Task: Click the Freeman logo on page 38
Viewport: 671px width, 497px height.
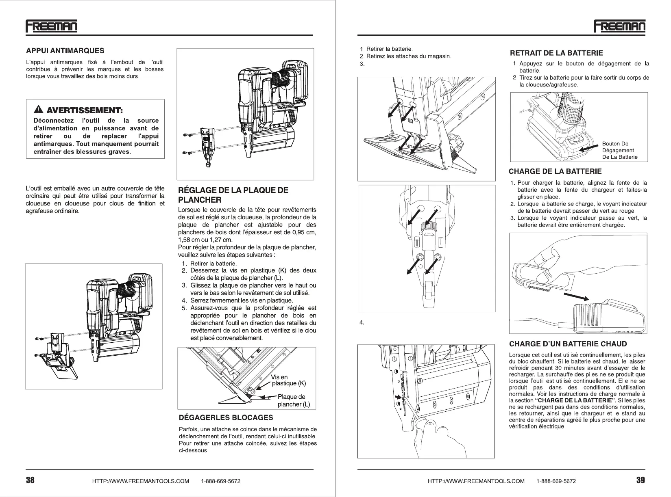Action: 51,26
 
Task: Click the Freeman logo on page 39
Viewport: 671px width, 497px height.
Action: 619,26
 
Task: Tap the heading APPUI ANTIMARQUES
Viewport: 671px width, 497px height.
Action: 65,51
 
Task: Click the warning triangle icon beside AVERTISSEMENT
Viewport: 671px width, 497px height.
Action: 39,109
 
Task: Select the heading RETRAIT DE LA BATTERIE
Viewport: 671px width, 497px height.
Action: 556,53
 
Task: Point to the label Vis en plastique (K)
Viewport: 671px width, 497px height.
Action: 288,380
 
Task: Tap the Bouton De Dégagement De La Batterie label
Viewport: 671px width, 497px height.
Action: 619,151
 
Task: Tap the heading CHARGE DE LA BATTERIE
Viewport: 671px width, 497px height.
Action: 555,171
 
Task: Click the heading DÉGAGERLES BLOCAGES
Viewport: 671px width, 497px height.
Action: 226,417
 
